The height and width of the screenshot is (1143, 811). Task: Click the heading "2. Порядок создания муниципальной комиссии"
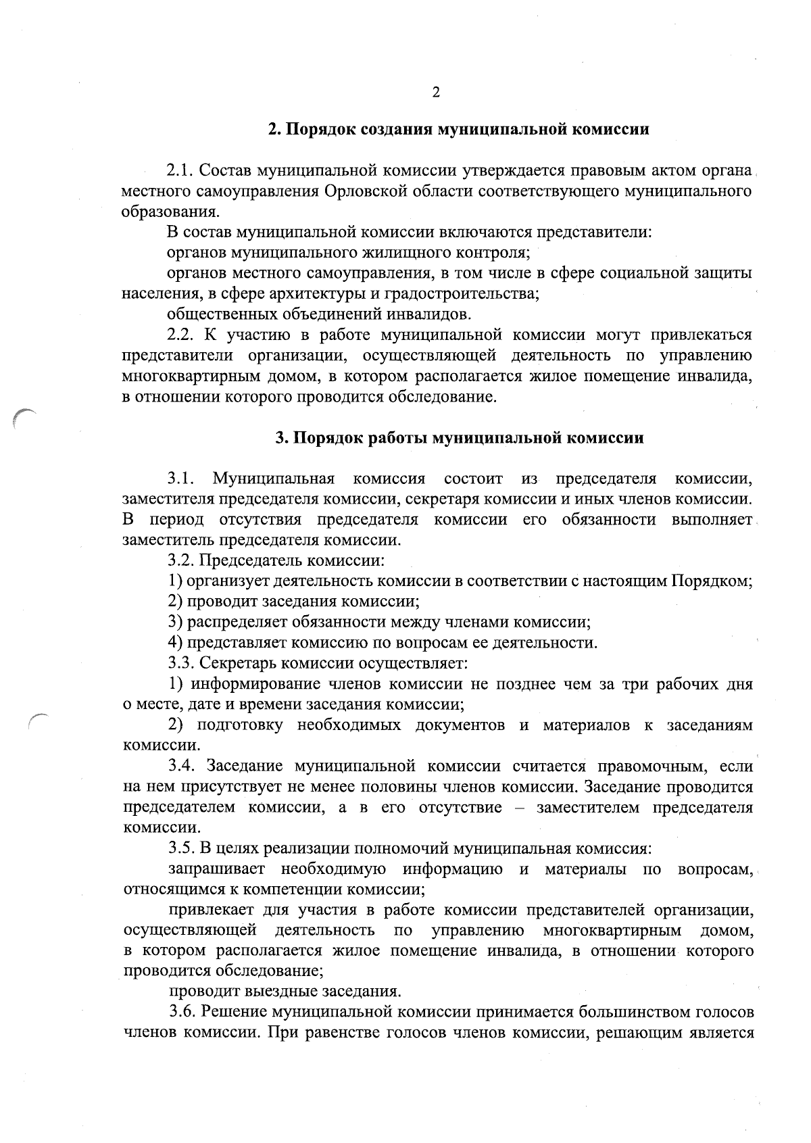click(x=459, y=130)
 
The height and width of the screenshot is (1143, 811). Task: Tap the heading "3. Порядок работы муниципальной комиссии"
click(x=459, y=438)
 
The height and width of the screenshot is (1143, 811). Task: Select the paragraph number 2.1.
click(x=181, y=170)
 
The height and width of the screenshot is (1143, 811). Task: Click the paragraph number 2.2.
click(x=181, y=335)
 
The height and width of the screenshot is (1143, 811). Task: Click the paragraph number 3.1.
click(x=181, y=479)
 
